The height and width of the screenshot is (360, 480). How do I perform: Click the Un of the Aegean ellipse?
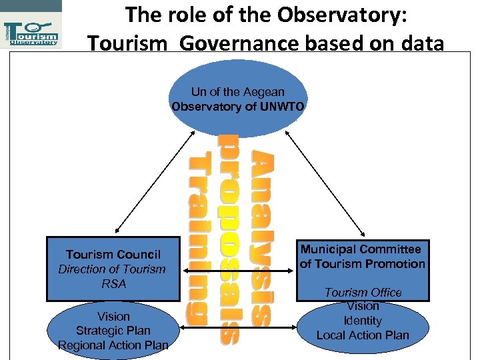tap(238, 99)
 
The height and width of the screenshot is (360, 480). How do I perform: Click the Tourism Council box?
tap(113, 269)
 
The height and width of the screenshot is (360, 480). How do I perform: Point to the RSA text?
tap(113, 284)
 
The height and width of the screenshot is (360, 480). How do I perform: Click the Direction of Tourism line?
tap(112, 269)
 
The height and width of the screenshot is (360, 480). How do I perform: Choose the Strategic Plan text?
tap(113, 331)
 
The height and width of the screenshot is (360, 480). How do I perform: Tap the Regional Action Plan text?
tap(113, 345)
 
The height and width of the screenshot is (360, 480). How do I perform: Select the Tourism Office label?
tap(363, 293)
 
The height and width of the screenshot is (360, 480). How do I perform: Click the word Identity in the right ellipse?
tap(363, 321)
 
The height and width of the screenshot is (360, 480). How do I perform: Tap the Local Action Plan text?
tap(363, 335)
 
